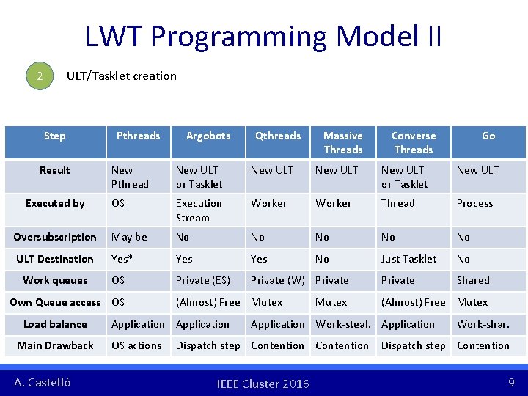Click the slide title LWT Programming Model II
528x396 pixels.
coord(263,36)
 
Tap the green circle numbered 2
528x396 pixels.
coord(40,76)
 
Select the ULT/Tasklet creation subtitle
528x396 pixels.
coord(122,76)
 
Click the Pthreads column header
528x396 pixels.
coord(138,136)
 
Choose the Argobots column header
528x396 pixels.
coord(208,136)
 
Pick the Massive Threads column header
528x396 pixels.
coord(343,142)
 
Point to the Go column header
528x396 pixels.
coord(488,136)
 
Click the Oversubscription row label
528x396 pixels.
coord(55,237)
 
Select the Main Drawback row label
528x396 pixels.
coord(55,345)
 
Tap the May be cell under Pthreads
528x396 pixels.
coord(129,237)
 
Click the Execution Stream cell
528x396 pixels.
coord(199,210)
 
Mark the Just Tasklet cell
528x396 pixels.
coord(408,259)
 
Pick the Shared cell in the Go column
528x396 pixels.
coord(473,280)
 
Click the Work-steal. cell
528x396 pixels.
coord(342,324)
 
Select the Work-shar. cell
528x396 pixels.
coord(483,324)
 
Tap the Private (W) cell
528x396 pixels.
coord(278,280)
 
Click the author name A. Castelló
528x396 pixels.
coord(43,382)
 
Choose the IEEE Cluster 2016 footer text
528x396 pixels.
coord(263,384)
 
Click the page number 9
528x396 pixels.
coord(511,382)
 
